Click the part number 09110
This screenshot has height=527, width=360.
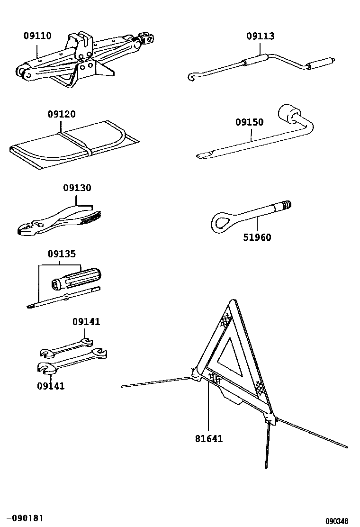pyautogui.click(x=38, y=36)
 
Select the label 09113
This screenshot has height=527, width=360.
pyautogui.click(x=260, y=36)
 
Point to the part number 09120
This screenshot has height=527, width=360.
pyautogui.click(x=61, y=114)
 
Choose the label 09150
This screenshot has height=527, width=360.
pyautogui.click(x=250, y=122)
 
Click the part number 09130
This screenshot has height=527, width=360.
pyautogui.click(x=77, y=188)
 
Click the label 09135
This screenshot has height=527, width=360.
pyautogui.click(x=61, y=254)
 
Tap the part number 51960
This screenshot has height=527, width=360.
pyautogui.click(x=257, y=237)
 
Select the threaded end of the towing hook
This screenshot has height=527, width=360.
pyautogui.click(x=286, y=205)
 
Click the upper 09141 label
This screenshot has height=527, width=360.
pyautogui.click(x=86, y=322)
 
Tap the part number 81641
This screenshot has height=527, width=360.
pyautogui.click(x=208, y=438)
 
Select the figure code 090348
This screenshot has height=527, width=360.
pyautogui.click(x=340, y=520)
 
